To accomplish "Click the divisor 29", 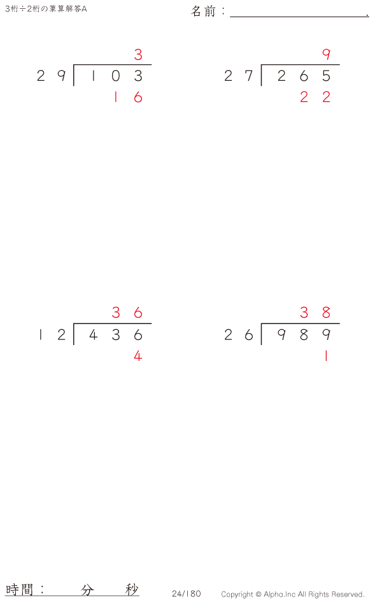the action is (x=52, y=76).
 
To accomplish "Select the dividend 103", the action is (x=116, y=76).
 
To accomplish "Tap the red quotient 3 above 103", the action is (x=138, y=55).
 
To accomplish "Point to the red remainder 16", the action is (x=127, y=97).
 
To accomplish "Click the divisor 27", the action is (x=239, y=76).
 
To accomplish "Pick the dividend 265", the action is (x=304, y=76).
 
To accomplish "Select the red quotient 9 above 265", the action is (x=327, y=55).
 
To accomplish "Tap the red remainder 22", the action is (x=315, y=97).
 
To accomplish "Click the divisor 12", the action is (x=52, y=335).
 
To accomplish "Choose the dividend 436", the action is (x=116, y=335).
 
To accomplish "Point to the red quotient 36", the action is (x=127, y=313).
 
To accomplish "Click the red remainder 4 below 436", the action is (x=138, y=357).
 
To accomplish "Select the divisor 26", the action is (x=239, y=335).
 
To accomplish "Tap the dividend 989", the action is (x=304, y=335).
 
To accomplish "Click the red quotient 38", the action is (x=315, y=313).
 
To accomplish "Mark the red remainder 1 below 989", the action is (x=326, y=357).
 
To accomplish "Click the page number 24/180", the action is (x=186, y=594).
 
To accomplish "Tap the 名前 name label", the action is (x=204, y=11).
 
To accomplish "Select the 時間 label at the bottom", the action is (x=20, y=589).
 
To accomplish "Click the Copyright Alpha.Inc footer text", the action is (x=293, y=595).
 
